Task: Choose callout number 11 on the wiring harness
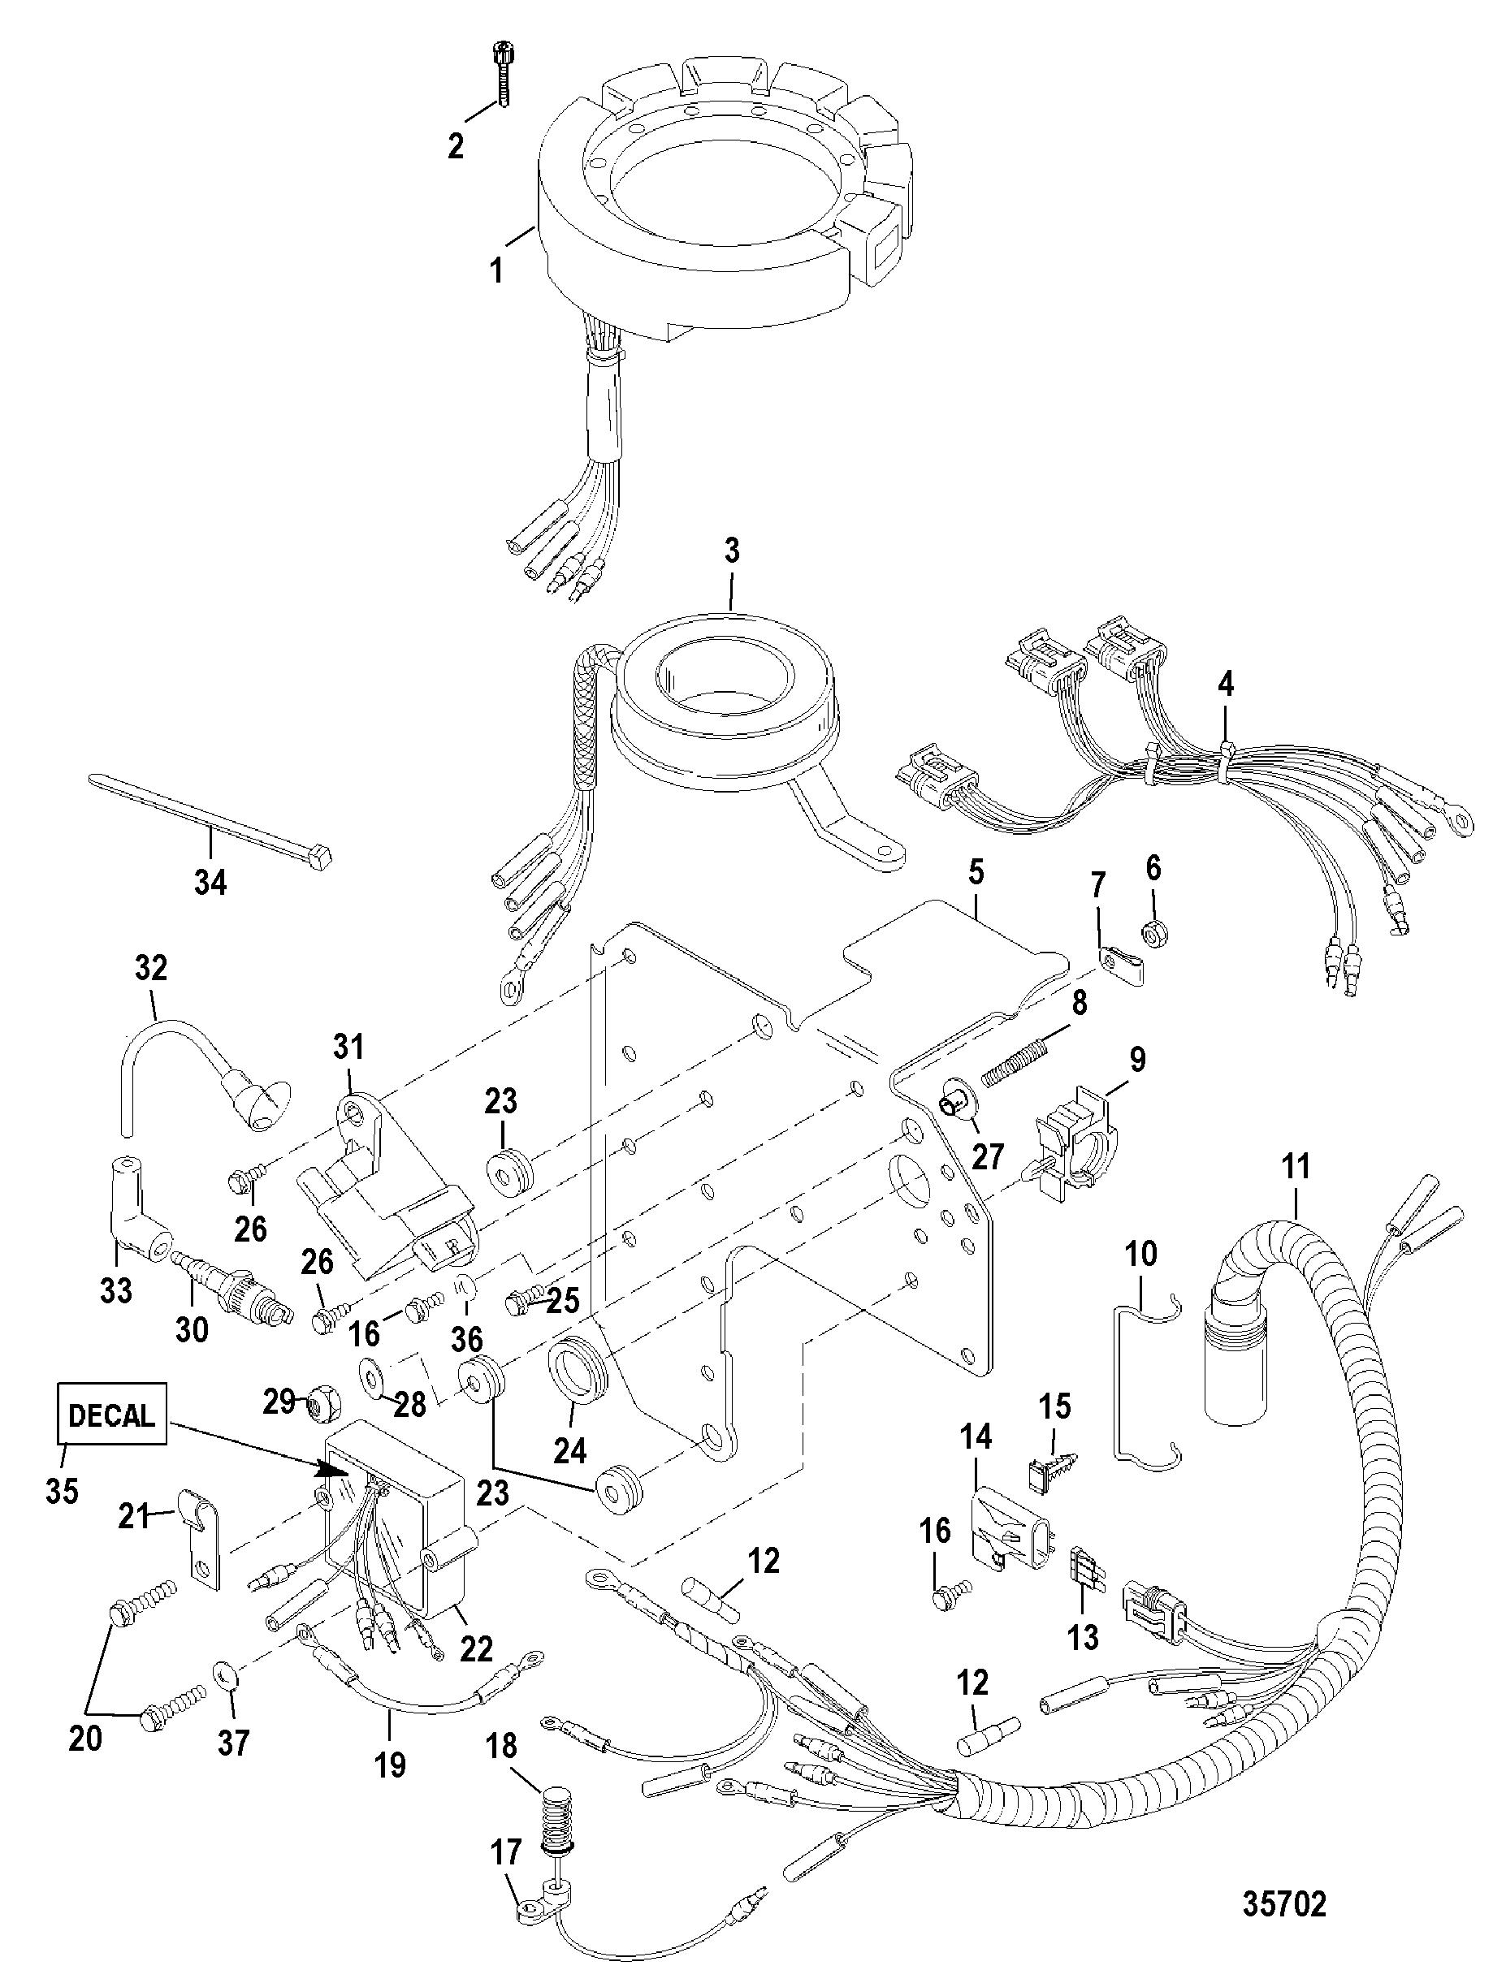(x=1296, y=1168)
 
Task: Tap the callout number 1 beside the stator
(x=495, y=270)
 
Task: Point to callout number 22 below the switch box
(x=476, y=1646)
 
